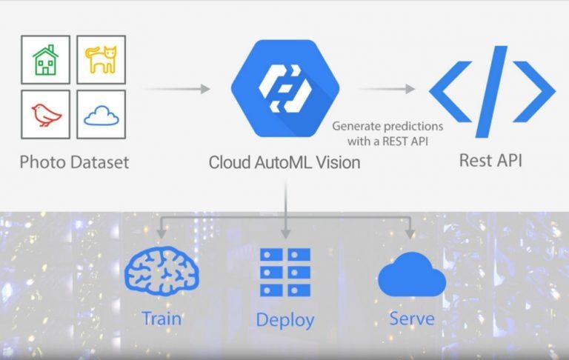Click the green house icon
coord(45,60)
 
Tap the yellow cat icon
coord(102,59)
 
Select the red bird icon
coord(46,115)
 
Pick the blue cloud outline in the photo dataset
coord(102,116)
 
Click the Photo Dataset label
coord(74,162)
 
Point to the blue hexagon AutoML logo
coord(285,88)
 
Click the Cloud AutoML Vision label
coord(284,162)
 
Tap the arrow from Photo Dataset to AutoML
coord(178,89)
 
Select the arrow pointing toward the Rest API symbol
coord(387,89)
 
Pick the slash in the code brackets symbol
coord(492,91)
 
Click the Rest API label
coord(490,161)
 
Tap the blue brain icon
coord(162,271)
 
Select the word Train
coord(162,319)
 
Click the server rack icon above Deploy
coord(285,272)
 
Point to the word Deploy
coord(285,320)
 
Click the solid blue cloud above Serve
coord(412,275)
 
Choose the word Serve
coord(412,319)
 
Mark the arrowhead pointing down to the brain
coord(162,233)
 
